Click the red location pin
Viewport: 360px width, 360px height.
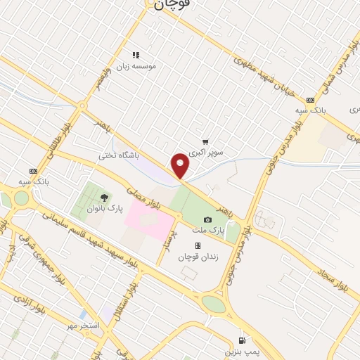(x=181, y=166)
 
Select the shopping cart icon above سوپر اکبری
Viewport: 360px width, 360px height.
(x=205, y=141)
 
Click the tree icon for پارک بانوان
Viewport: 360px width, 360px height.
(x=104, y=198)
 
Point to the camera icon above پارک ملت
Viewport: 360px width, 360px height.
(x=207, y=220)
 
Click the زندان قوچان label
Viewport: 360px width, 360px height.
(x=198, y=257)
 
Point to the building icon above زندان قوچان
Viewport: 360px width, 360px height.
(x=198, y=245)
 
